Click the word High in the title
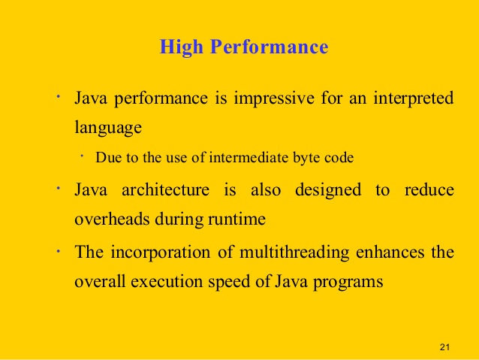pos(181,47)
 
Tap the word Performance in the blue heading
pos(270,47)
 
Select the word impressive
pos(274,98)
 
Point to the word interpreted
pos(414,98)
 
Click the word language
pos(108,128)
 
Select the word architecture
pos(165,189)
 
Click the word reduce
pos(429,189)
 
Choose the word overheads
pos(113,219)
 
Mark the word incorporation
pos(161,253)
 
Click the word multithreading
pos(294,253)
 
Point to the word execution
pos(167,282)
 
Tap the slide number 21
pos(444,347)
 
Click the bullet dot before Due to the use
pos(82,156)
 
